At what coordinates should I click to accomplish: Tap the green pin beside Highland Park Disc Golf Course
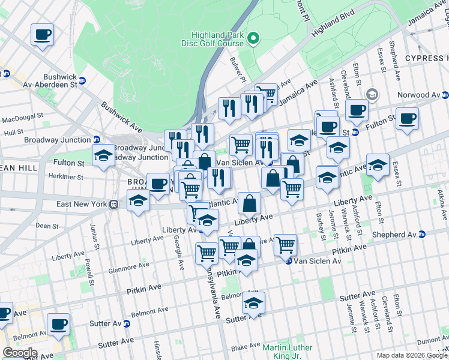[253, 40]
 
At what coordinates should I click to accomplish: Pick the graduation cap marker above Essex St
[378, 164]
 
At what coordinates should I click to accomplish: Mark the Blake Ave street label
[244, 347]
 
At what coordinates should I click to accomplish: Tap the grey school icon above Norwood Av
[372, 94]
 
